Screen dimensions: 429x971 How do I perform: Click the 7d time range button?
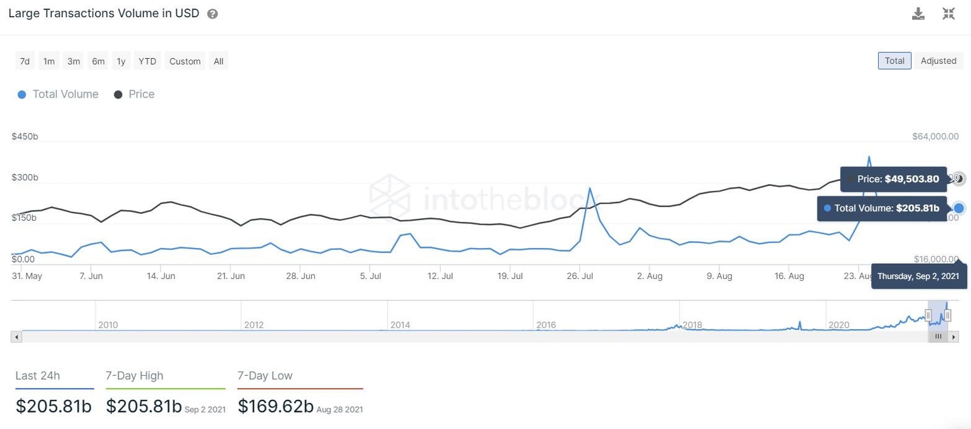(x=25, y=61)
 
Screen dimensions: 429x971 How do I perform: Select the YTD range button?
(x=147, y=61)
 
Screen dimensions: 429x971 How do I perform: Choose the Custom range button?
(x=185, y=61)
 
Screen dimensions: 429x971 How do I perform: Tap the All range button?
(x=218, y=61)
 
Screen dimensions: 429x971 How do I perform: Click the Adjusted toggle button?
(x=938, y=61)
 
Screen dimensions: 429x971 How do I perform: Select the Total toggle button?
(x=894, y=61)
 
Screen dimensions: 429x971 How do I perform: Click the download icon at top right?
(x=918, y=14)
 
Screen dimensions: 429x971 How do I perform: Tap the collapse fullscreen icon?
(x=948, y=14)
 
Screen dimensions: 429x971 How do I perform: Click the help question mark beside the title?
(x=212, y=14)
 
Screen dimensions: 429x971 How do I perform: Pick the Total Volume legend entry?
(x=58, y=94)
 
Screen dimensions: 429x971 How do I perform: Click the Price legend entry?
(x=134, y=94)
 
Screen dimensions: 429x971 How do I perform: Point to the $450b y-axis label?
(x=25, y=137)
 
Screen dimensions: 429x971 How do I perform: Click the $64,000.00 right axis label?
(x=936, y=137)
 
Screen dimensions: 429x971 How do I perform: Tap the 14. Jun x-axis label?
(x=161, y=276)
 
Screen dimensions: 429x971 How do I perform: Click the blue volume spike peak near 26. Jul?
(x=590, y=188)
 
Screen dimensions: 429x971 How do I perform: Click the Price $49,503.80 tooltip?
(x=893, y=179)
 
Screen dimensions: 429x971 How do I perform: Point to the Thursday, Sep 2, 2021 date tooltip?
(x=919, y=277)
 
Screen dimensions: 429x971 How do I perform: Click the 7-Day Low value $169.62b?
(x=276, y=406)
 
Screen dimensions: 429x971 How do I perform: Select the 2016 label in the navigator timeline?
(x=546, y=325)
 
